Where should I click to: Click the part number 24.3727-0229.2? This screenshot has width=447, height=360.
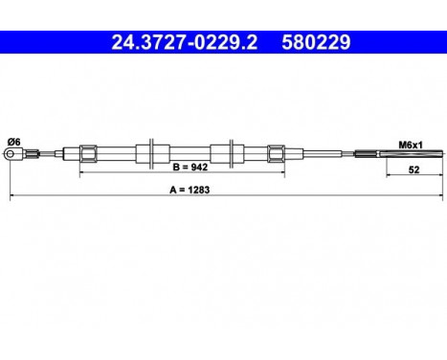(x=184, y=42)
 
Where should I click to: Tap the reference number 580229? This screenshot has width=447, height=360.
(x=316, y=42)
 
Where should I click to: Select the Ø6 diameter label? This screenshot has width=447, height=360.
(x=14, y=142)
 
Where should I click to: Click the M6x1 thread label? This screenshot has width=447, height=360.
(x=411, y=146)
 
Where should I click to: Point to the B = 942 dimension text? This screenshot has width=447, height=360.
(x=190, y=167)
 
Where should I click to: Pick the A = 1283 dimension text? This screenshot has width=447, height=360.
(x=190, y=190)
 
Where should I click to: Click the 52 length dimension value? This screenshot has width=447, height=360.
(x=413, y=169)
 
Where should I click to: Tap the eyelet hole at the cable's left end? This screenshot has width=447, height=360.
(x=11, y=154)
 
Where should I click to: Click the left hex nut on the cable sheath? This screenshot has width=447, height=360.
(x=88, y=154)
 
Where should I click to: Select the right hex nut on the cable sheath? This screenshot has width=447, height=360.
(x=277, y=154)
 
